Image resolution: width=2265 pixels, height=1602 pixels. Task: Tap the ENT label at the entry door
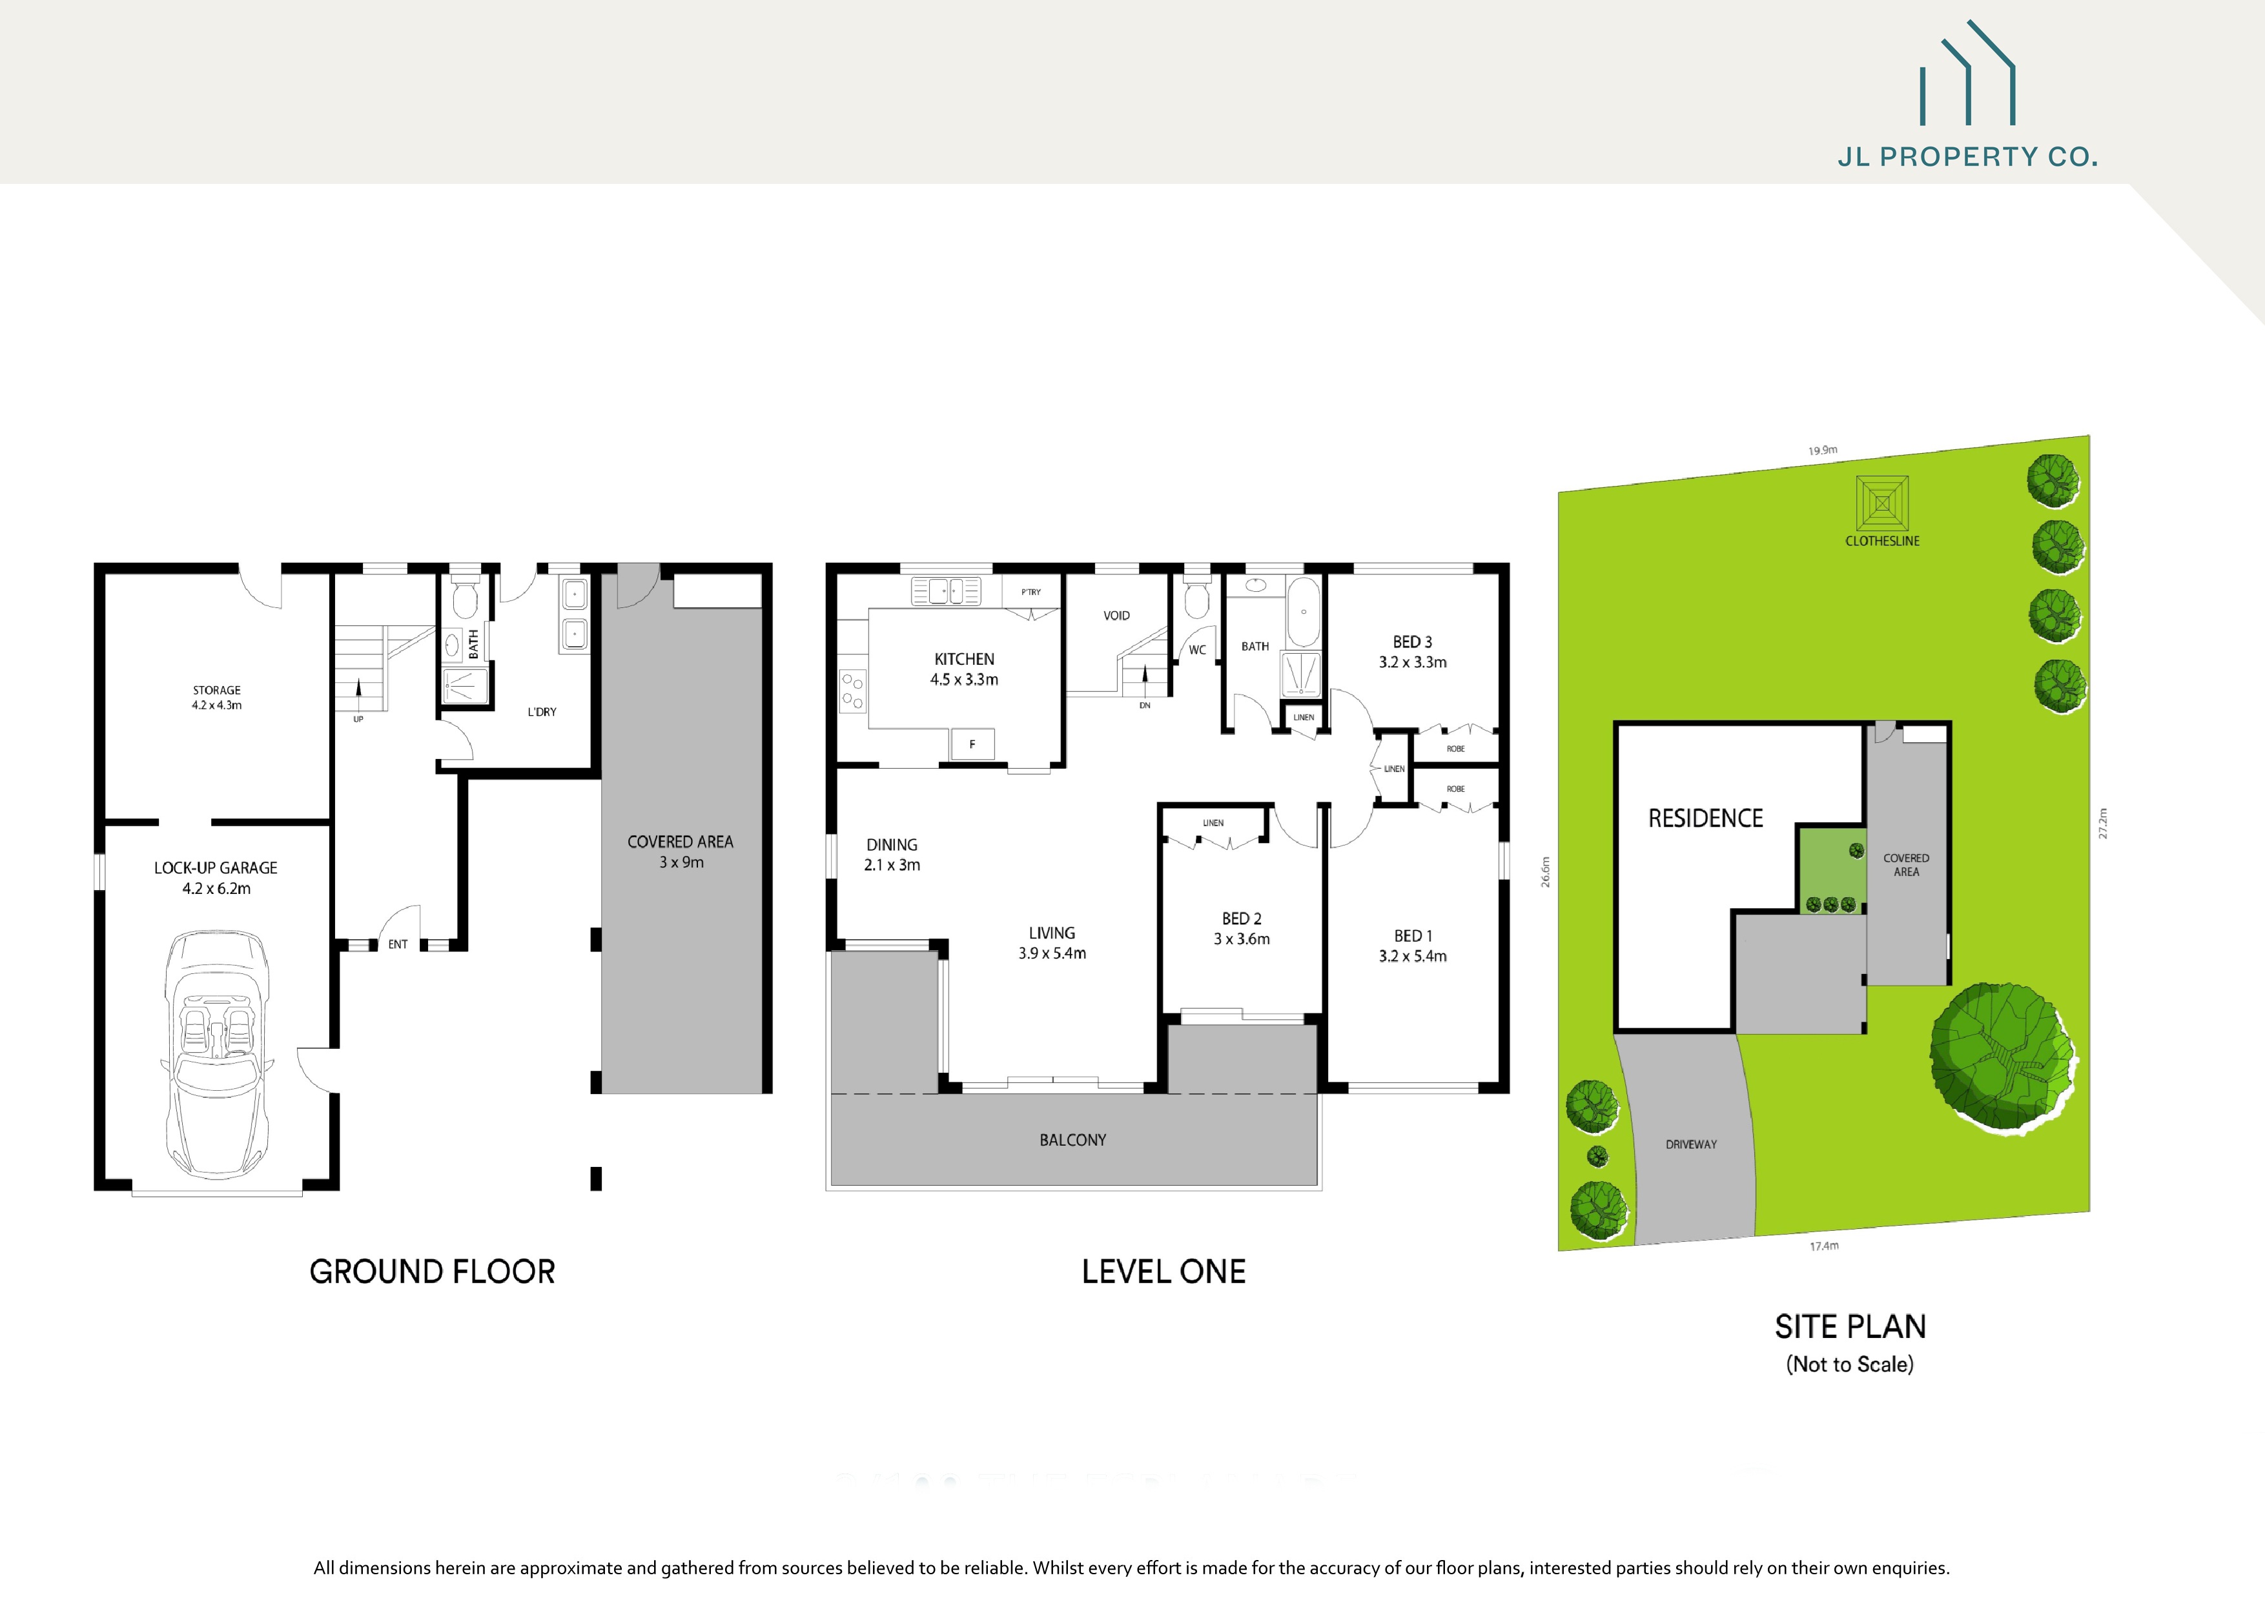398,944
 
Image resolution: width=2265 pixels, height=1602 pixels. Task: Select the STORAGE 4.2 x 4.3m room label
216,698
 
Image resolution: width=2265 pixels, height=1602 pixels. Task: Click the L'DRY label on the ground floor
542,711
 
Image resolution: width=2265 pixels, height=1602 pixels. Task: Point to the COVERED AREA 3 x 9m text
680,851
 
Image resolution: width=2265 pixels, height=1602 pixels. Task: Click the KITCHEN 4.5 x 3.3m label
964,669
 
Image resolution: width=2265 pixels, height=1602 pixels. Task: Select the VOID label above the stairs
1116,616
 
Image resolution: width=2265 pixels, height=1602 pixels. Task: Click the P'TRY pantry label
1031,592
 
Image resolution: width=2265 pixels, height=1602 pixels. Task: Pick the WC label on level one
1196,650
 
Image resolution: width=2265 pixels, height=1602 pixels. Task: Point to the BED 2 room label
1241,928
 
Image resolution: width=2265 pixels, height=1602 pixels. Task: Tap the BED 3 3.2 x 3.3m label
1411,652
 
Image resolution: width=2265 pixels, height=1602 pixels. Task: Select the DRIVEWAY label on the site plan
1691,1144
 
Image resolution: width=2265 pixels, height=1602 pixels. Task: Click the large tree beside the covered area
2003,1055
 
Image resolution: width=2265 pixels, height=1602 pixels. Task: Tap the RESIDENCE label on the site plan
1705,818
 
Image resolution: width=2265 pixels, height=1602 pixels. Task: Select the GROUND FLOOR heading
432,1272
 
